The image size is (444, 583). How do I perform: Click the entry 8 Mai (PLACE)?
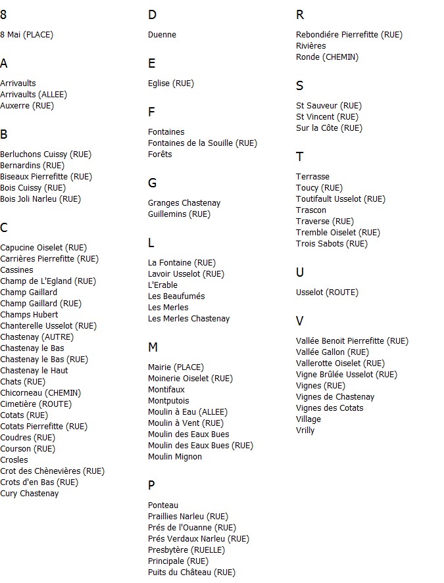point(27,35)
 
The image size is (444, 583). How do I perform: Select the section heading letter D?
point(152,15)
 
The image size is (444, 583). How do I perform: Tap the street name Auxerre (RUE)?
point(27,106)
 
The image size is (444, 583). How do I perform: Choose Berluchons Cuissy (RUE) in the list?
point(46,154)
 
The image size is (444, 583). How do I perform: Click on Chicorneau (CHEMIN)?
point(41,393)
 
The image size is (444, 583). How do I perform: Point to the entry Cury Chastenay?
point(30,494)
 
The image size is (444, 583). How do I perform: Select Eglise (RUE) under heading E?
point(171,83)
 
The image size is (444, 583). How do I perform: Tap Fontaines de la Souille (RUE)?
point(203,143)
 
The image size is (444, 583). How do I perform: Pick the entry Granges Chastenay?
point(184,203)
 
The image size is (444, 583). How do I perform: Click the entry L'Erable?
point(162,285)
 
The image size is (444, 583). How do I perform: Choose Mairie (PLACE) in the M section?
point(176,367)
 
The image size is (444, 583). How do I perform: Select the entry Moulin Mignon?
point(175,457)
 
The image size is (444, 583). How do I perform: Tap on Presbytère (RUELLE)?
point(186,550)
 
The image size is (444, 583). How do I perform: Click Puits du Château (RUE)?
point(191,572)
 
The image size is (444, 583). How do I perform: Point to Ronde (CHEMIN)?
point(327,57)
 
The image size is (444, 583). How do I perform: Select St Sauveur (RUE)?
point(329,106)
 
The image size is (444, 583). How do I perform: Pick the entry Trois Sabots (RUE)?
point(332,244)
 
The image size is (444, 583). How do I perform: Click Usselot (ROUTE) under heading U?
point(327,292)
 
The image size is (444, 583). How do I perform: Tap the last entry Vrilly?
point(305,431)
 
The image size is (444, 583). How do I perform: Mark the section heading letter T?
point(299,156)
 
